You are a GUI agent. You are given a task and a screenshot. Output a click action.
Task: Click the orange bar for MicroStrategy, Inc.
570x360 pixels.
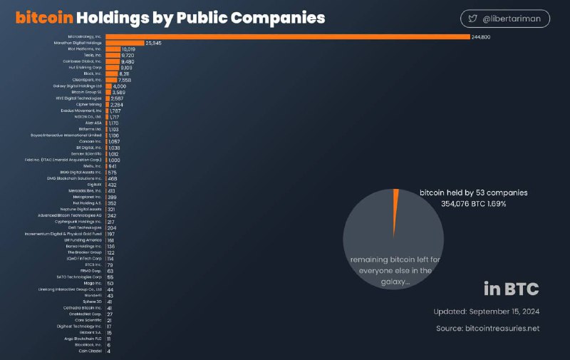pyautogui.click(x=285, y=36)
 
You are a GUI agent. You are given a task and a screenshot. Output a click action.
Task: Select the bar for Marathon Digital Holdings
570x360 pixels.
pyautogui.click(x=124, y=43)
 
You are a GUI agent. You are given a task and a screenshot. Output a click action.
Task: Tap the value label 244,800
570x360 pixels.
pyautogui.click(x=480, y=36)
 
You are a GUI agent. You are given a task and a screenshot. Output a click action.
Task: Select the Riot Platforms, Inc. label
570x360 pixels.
pyautogui.click(x=85, y=50)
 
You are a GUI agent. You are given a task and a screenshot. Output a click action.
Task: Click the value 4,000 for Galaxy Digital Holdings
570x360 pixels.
pyautogui.click(x=119, y=86)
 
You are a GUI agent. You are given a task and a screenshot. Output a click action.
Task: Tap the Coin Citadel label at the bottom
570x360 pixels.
pyautogui.click(x=90, y=351)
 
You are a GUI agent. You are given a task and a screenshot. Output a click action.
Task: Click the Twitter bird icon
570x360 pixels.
pyautogui.click(x=473, y=19)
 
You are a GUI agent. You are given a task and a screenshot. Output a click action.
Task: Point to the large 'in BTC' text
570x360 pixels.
pyautogui.click(x=511, y=289)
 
